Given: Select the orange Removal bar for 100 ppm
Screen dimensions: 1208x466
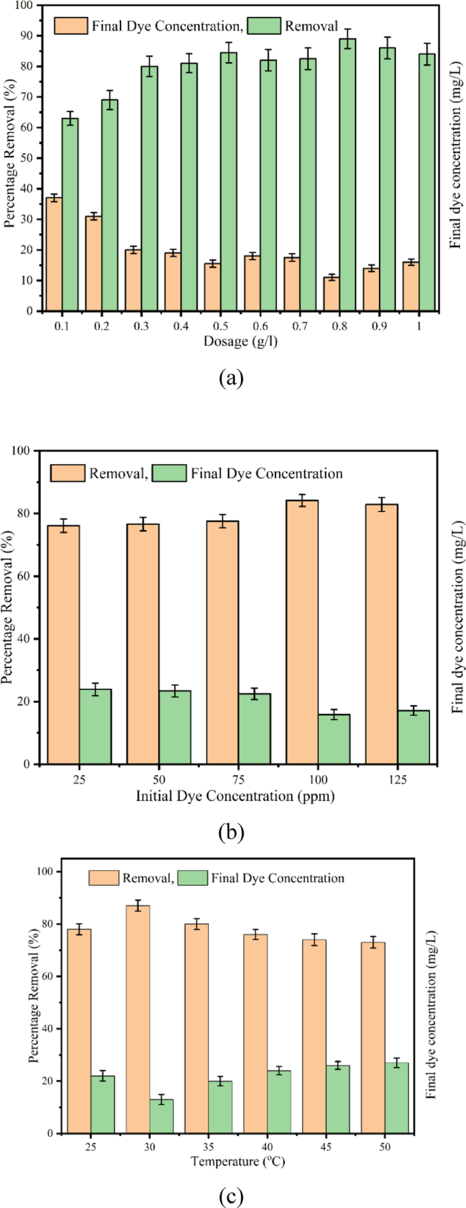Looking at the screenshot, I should click(302, 632).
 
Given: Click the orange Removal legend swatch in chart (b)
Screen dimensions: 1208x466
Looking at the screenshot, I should click(67, 473).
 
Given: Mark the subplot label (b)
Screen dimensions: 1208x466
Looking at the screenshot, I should click(231, 832).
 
